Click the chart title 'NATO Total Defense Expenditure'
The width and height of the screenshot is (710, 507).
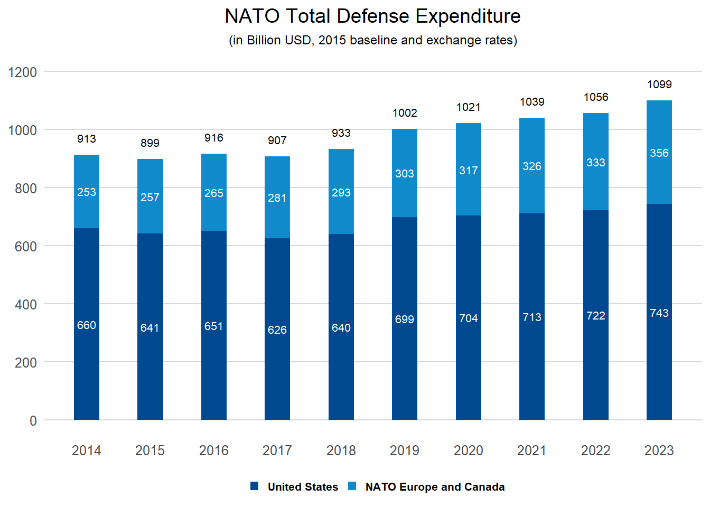(372, 16)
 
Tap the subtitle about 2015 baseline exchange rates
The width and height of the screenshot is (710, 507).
(372, 40)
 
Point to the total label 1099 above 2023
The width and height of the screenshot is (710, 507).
(659, 84)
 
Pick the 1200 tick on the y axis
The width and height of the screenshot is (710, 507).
(23, 72)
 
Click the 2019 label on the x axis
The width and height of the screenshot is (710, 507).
(404, 450)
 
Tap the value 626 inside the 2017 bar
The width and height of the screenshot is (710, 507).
(277, 330)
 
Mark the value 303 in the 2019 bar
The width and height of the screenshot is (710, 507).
(404, 174)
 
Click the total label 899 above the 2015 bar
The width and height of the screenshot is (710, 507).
(150, 143)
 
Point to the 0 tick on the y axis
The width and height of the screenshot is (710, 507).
(33, 421)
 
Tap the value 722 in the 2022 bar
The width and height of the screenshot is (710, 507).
(595, 316)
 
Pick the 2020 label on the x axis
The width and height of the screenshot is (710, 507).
(468, 450)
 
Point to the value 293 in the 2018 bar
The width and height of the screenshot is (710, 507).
(341, 193)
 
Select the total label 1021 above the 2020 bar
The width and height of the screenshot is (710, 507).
(468, 107)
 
